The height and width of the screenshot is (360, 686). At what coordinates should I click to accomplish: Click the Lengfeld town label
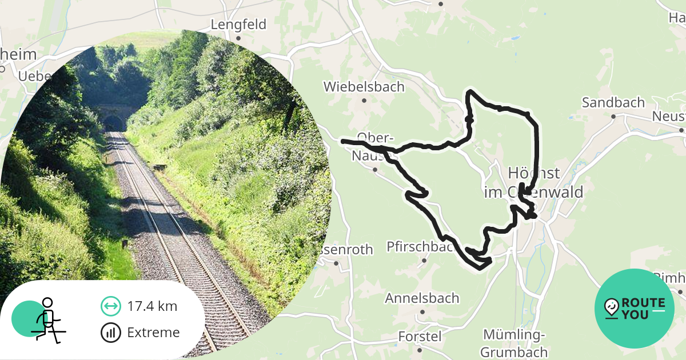(238, 25)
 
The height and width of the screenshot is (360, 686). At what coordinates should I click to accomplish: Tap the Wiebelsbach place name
(364, 87)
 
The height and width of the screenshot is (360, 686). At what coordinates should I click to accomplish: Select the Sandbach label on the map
(613, 103)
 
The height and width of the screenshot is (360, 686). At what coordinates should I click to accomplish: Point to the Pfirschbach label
(421, 247)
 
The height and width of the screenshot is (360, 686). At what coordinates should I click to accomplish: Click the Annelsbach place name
(422, 298)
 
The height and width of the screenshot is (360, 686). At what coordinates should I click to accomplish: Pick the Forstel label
(420, 336)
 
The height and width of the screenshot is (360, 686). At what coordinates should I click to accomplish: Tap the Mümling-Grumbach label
(514, 343)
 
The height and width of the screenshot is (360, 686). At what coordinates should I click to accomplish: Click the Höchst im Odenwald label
(533, 182)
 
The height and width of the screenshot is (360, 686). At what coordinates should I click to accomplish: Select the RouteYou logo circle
(635, 309)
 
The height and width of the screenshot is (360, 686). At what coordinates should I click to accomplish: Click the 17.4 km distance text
(152, 306)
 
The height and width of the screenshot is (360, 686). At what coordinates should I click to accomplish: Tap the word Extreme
(153, 333)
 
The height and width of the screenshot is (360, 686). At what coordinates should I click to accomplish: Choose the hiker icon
(46, 319)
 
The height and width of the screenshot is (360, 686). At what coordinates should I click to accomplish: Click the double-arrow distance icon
(110, 306)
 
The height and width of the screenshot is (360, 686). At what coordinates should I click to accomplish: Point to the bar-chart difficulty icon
(110, 333)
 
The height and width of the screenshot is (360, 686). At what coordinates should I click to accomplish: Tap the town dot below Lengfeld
(238, 38)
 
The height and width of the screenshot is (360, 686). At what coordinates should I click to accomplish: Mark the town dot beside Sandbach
(613, 116)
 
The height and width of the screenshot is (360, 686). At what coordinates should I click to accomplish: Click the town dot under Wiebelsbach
(364, 101)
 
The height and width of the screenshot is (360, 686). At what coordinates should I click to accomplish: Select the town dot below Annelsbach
(422, 311)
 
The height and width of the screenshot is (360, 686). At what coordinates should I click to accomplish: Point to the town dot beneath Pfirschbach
(424, 261)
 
